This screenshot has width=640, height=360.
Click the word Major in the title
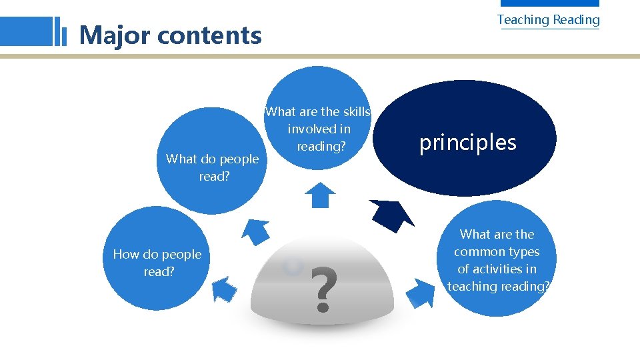[115, 35]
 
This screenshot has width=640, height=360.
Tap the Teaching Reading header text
[548, 20]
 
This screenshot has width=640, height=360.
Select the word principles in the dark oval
[467, 142]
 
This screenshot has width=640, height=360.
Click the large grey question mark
[323, 290]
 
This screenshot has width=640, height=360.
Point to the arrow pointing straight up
[321, 195]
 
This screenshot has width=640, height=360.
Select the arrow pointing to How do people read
[224, 289]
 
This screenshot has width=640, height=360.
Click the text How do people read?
[157, 263]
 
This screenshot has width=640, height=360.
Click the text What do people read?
[212, 167]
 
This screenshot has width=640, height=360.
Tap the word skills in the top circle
[353, 112]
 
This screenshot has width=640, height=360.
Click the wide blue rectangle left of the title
[27, 31]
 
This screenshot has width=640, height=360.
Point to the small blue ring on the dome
[292, 267]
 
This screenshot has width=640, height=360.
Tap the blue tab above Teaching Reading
[569, 3]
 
